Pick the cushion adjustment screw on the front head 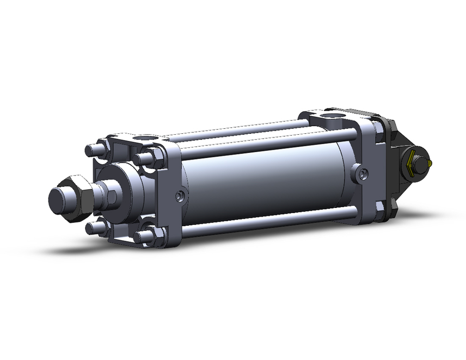(x=178, y=197)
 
